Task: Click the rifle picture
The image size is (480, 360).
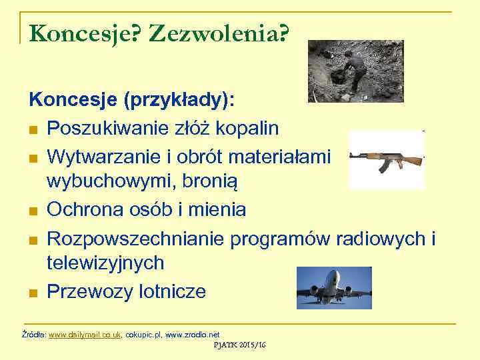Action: pos(387,160)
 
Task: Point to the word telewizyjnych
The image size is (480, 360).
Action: pos(105,263)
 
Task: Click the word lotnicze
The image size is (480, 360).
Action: pos(170,291)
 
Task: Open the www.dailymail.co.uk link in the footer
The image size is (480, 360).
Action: pos(85,334)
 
